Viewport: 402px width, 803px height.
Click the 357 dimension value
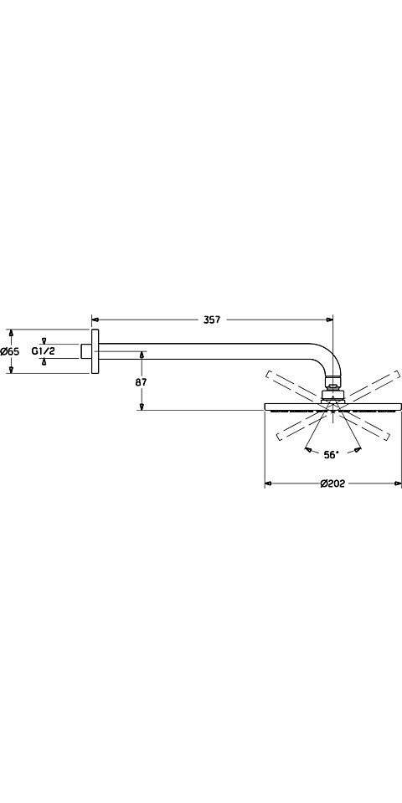pos(211,320)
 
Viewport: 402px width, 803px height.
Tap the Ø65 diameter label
pos(10,351)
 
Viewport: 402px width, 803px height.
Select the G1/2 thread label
pos(44,351)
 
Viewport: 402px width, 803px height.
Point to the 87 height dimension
pos(142,381)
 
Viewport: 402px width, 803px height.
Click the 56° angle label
pos(332,454)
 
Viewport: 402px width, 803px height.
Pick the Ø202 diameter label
pos(332,483)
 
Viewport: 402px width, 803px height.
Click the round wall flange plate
pos(95,351)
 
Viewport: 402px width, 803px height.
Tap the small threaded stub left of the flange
pos(86,351)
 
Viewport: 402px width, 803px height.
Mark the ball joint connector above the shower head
pos(333,389)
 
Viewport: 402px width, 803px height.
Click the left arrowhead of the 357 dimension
pos(95,320)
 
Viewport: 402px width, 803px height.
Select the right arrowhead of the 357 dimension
pos(329,320)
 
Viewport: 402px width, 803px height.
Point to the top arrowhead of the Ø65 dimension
pos(11,333)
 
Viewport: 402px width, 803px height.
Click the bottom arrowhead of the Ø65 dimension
pos(11,370)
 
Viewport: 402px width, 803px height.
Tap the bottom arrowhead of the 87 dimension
pos(142,407)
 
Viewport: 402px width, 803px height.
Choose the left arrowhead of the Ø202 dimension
pos(268,483)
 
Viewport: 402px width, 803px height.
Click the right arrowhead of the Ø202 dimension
pos(398,483)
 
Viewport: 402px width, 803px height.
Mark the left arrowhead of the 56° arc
pos(308,450)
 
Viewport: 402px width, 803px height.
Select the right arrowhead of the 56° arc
pos(358,450)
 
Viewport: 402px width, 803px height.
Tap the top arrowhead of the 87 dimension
pos(142,355)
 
